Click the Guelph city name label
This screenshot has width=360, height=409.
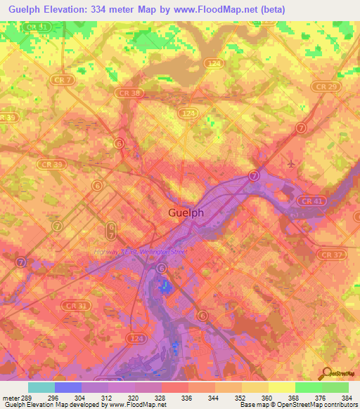coord(186,213)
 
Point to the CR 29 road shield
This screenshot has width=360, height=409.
coord(325,86)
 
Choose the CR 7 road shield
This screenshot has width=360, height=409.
coord(64,80)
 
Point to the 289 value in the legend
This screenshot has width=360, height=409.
coord(27,398)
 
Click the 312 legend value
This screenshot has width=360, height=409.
coord(108,398)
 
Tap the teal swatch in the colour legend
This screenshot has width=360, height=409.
coord(41,387)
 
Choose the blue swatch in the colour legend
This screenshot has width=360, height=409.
coord(67,387)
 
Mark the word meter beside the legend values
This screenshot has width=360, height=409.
coord(11,398)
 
